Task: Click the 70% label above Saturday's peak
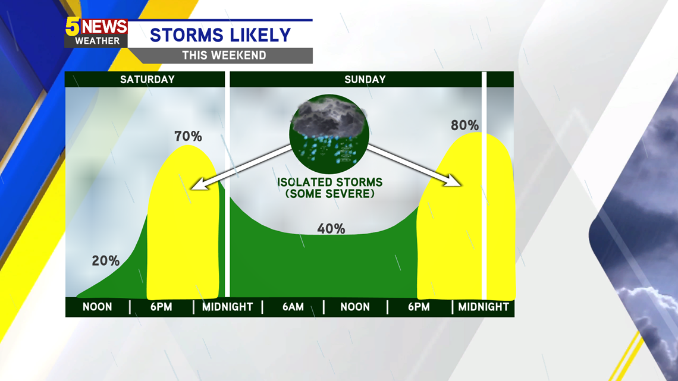[x=188, y=137]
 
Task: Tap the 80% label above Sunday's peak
[x=465, y=125]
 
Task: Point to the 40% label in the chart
[x=331, y=228]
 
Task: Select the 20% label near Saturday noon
[x=105, y=260]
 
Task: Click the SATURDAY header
[x=147, y=80]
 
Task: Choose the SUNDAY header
[x=365, y=80]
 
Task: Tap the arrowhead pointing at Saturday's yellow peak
[x=198, y=185]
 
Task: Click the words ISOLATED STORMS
[x=330, y=182]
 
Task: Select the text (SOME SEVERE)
[x=330, y=194]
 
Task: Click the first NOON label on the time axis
[x=98, y=307]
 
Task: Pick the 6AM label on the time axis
[x=293, y=307]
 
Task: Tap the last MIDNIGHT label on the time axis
[x=484, y=307]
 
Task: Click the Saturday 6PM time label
[x=161, y=307]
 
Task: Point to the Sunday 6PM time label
[x=419, y=307]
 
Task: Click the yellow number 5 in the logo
[x=73, y=27]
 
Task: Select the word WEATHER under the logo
[x=98, y=41]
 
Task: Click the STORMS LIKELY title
[x=221, y=35]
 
